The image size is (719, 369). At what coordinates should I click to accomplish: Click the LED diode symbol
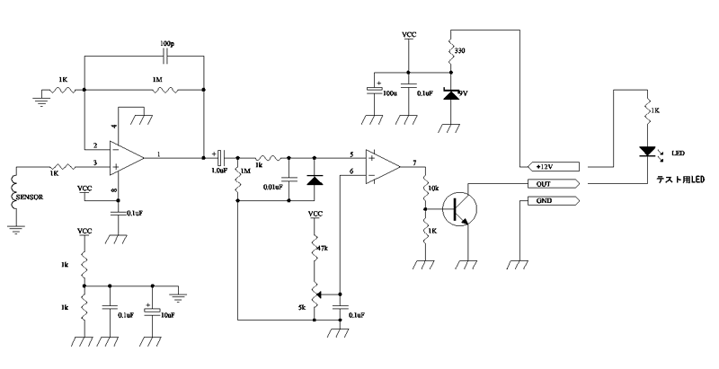[646, 153]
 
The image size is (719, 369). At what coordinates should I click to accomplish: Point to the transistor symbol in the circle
[461, 208]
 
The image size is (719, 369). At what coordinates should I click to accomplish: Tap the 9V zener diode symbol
[449, 92]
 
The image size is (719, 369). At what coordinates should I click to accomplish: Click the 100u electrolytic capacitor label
[388, 93]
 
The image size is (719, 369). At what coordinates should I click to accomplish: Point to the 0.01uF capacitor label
[273, 187]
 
